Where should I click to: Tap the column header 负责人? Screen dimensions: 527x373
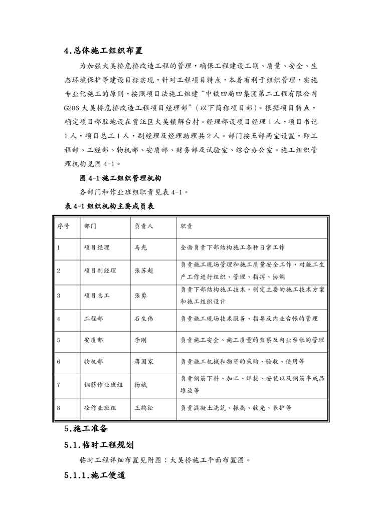click(144, 226)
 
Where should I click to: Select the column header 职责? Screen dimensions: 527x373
click(186, 226)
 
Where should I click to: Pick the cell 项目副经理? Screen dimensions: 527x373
click(100, 271)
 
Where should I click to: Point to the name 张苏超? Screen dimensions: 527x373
click(144, 271)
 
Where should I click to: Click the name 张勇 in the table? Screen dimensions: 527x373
click(140, 295)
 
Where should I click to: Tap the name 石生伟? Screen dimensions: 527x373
click(144, 319)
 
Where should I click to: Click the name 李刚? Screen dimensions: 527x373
click(140, 340)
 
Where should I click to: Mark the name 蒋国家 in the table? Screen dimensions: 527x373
click(144, 361)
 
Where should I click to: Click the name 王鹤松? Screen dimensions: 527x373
click(144, 408)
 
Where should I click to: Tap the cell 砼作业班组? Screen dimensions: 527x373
click(100, 408)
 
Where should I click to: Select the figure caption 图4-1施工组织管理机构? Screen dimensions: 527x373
click(120, 178)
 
